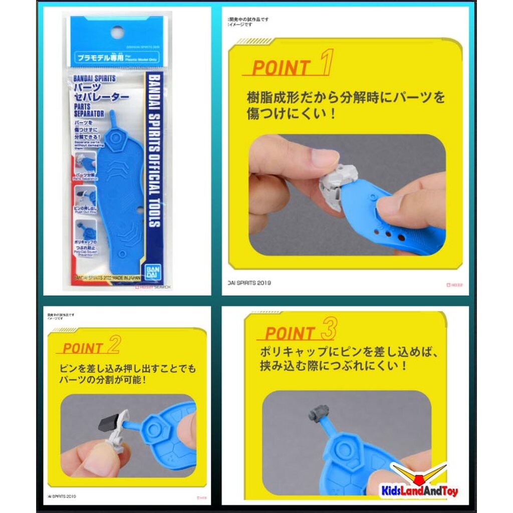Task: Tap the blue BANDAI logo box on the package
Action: [151, 273]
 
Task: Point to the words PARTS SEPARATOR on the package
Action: [89, 110]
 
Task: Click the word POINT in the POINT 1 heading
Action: [281, 68]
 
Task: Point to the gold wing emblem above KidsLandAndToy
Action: [420, 471]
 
